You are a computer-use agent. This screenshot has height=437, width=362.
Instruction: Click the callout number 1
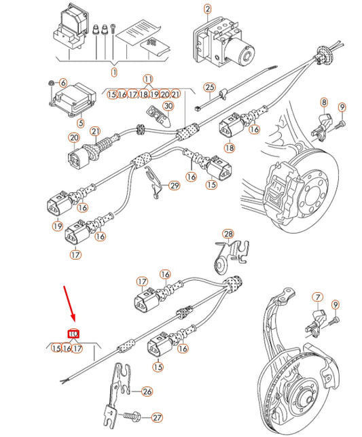114,72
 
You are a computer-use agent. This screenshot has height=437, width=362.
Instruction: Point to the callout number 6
62,82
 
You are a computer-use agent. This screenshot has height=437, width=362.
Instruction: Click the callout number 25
209,87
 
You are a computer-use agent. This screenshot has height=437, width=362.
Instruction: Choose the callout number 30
168,105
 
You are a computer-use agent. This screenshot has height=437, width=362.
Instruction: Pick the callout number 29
175,186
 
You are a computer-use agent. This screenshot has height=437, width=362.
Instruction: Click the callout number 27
158,418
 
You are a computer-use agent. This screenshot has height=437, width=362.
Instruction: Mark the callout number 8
324,102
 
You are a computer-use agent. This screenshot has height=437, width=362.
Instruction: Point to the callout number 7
317,297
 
